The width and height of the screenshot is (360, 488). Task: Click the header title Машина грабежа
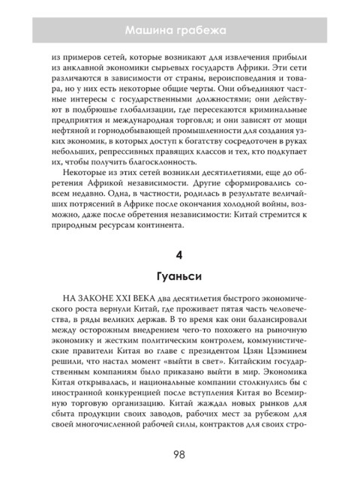(x=179, y=30)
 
